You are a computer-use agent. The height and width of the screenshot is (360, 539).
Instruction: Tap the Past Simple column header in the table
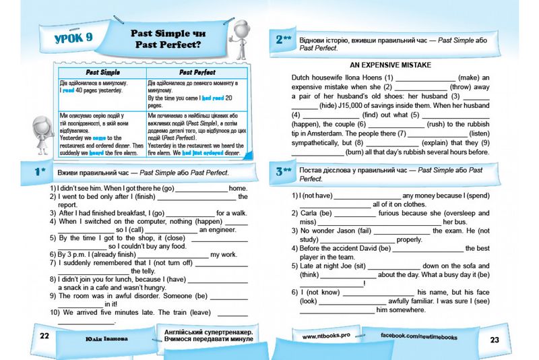(102, 72)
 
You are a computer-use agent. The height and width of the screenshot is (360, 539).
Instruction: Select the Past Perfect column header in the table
(197, 72)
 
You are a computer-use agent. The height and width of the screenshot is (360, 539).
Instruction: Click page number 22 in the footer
(44, 336)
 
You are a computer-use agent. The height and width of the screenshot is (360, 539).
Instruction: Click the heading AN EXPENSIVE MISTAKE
(391, 65)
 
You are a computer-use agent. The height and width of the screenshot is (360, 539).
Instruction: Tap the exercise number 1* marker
(40, 173)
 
